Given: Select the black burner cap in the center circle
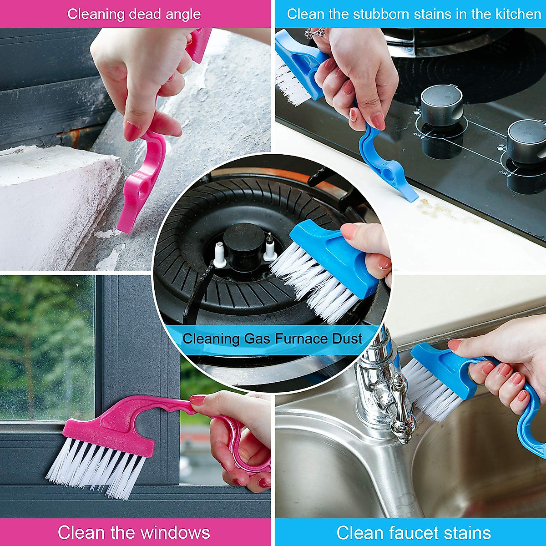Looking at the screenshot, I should [x=243, y=241].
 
